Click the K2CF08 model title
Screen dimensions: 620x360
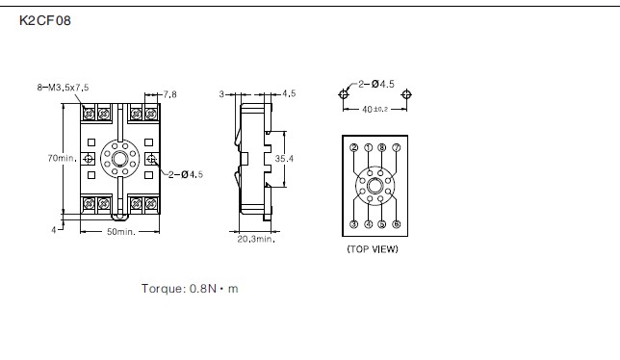pyautogui.click(x=45, y=20)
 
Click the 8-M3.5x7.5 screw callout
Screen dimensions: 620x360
pyautogui.click(x=63, y=88)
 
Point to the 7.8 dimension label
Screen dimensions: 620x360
pyautogui.click(x=170, y=94)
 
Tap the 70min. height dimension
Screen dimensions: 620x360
pyautogui.click(x=62, y=158)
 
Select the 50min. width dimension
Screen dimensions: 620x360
pyautogui.click(x=121, y=232)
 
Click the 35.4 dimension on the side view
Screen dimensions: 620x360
pyautogui.click(x=284, y=159)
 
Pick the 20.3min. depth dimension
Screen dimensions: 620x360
pyautogui.click(x=256, y=239)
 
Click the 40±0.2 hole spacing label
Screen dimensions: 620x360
pyautogui.click(x=375, y=109)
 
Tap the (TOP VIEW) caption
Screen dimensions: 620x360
pyautogui.click(x=373, y=249)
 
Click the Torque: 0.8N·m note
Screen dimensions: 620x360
pyautogui.click(x=190, y=289)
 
